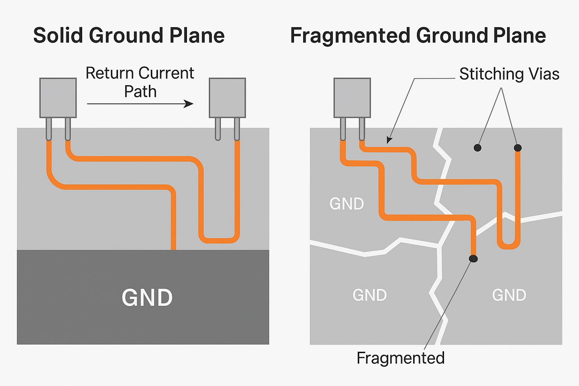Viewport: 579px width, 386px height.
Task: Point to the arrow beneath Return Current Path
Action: pyautogui.click(x=140, y=104)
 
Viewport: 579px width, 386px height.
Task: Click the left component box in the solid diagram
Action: pyautogui.click(x=58, y=98)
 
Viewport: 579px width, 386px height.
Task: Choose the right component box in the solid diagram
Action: pyautogui.click(x=227, y=98)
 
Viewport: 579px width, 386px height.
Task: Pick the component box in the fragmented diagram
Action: pyautogui.click(x=352, y=98)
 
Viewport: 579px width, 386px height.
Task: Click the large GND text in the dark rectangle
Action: pyautogui.click(x=147, y=298)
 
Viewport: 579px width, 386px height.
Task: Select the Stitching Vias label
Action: pyautogui.click(x=509, y=74)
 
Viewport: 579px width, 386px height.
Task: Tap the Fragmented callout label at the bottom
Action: pyautogui.click(x=400, y=358)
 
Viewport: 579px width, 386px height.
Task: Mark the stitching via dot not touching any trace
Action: pyautogui.click(x=478, y=148)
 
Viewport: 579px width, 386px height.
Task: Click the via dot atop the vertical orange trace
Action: pyautogui.click(x=518, y=148)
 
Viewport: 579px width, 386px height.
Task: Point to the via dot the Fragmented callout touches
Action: pyautogui.click(x=473, y=259)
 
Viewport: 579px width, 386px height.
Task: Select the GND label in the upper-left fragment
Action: pyautogui.click(x=346, y=204)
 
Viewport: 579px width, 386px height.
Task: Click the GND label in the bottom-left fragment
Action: pyautogui.click(x=370, y=295)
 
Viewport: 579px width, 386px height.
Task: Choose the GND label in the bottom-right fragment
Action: pyautogui.click(x=509, y=295)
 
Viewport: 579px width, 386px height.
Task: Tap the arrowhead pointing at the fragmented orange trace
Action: pyautogui.click(x=389, y=141)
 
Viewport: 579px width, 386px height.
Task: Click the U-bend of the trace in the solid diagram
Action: pyautogui.click(x=219, y=240)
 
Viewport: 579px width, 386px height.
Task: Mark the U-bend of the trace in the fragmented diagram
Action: pyautogui.click(x=509, y=246)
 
